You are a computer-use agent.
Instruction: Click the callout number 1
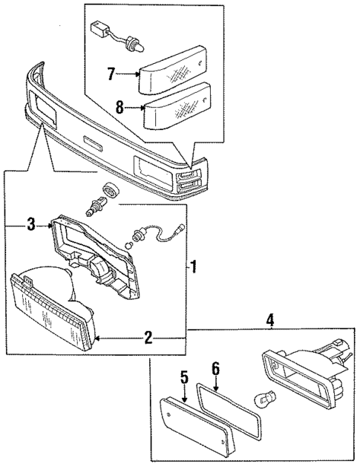click(194, 266)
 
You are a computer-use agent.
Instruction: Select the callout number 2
click(148, 339)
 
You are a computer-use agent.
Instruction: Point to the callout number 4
click(270, 320)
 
